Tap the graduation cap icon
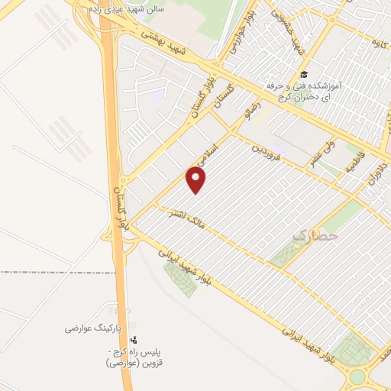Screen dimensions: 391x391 (304, 75)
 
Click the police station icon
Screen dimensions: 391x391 (134, 339)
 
